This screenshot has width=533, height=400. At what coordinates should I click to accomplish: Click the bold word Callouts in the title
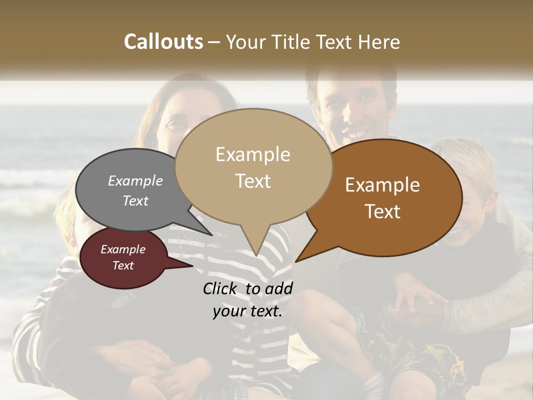[164, 42]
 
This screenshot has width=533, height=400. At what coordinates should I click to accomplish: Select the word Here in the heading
[379, 42]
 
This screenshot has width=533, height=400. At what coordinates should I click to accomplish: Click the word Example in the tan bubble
[253, 154]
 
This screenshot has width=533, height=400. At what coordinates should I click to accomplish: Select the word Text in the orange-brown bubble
[383, 212]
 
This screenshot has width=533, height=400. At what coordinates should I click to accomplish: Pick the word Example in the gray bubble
[135, 181]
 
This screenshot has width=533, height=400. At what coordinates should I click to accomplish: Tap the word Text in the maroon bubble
[123, 266]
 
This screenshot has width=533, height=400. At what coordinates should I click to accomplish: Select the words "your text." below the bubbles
[248, 311]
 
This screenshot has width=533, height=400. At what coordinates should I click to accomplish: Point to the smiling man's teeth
[355, 134]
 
